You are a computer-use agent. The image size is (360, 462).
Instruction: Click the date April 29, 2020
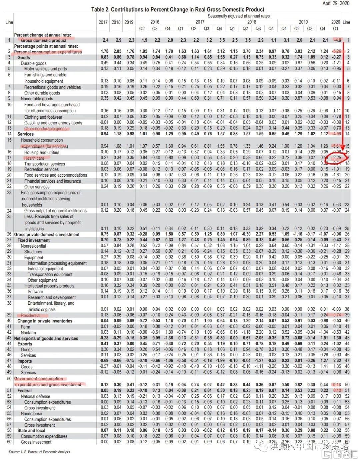pos(336,3)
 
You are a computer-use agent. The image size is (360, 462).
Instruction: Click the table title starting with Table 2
pos(178,10)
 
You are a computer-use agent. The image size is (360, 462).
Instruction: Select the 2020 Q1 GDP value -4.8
pos(337,40)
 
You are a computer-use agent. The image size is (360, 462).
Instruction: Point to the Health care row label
pos(34,158)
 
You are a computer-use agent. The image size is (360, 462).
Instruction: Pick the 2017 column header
pos(103,22)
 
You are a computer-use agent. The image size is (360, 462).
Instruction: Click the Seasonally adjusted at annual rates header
pos(239,16)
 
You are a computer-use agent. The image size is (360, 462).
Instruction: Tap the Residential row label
pos(30,315)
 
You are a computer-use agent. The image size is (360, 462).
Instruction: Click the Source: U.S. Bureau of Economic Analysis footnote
pos(39,452)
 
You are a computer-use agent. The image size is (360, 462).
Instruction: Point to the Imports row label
pos(25,361)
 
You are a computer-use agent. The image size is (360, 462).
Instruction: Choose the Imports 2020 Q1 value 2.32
pos(337,361)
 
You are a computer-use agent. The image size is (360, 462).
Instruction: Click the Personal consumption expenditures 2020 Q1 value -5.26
pos(336,52)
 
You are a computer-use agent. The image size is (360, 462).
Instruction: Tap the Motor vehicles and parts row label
pos(45,69)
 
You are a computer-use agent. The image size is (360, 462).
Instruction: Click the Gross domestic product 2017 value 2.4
pos(105,40)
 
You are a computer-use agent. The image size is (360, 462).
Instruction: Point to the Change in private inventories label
pos(45,321)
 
